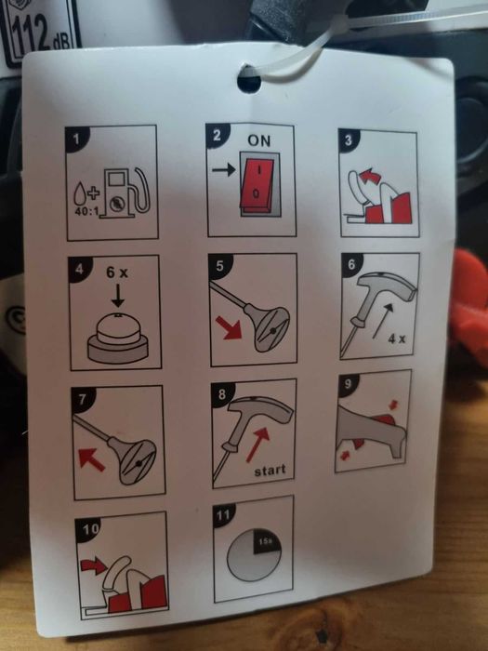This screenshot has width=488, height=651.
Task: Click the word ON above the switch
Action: click(x=259, y=140)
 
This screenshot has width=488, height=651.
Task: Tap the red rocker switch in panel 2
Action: click(x=257, y=183)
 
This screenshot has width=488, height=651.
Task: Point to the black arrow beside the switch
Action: click(x=224, y=169)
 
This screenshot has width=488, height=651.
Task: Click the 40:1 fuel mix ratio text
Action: click(x=86, y=211)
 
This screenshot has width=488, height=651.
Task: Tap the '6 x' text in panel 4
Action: click(x=117, y=272)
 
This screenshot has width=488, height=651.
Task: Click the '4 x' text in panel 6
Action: click(x=397, y=339)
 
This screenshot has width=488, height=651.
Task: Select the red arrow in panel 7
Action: click(x=91, y=460)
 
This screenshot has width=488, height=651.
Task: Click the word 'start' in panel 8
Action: click(x=270, y=471)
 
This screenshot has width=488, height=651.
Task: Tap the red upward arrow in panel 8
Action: click(x=257, y=445)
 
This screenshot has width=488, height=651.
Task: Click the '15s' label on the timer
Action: click(x=265, y=541)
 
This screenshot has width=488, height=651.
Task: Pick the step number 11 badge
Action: click(x=224, y=515)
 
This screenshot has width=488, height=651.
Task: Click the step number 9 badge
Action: click(x=349, y=383)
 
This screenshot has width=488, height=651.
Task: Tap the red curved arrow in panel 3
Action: click(x=370, y=176)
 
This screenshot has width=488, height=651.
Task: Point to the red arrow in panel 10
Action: click(x=94, y=565)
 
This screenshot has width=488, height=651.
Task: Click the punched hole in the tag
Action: click(x=249, y=79)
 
